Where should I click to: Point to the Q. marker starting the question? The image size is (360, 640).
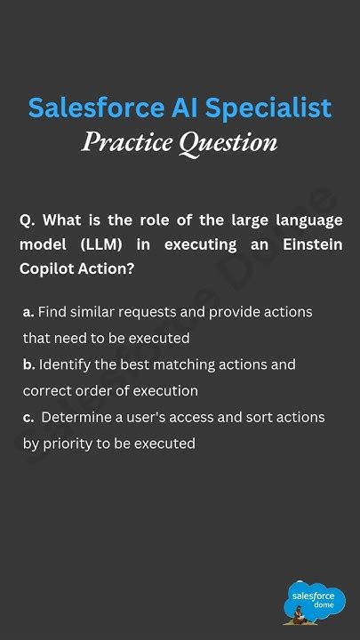click(x=27, y=220)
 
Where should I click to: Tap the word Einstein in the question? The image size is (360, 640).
click(x=308, y=244)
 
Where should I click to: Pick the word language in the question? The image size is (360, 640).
click(x=302, y=220)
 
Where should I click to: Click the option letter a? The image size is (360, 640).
click(x=29, y=313)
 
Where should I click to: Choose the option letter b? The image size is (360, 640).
click(x=29, y=365)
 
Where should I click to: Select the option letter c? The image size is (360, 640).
click(x=28, y=417)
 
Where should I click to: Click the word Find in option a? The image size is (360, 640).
click(x=56, y=313)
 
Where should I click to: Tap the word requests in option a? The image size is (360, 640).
click(x=156, y=313)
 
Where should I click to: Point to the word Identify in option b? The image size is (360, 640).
click(x=68, y=365)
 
